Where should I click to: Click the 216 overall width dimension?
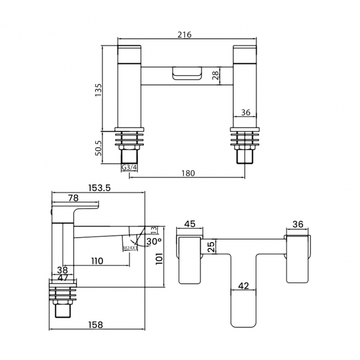184,34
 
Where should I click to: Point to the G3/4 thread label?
129,167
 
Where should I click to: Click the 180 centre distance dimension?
188,173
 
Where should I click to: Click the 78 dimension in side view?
73,198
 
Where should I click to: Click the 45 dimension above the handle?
189,224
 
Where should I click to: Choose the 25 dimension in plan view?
210,246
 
